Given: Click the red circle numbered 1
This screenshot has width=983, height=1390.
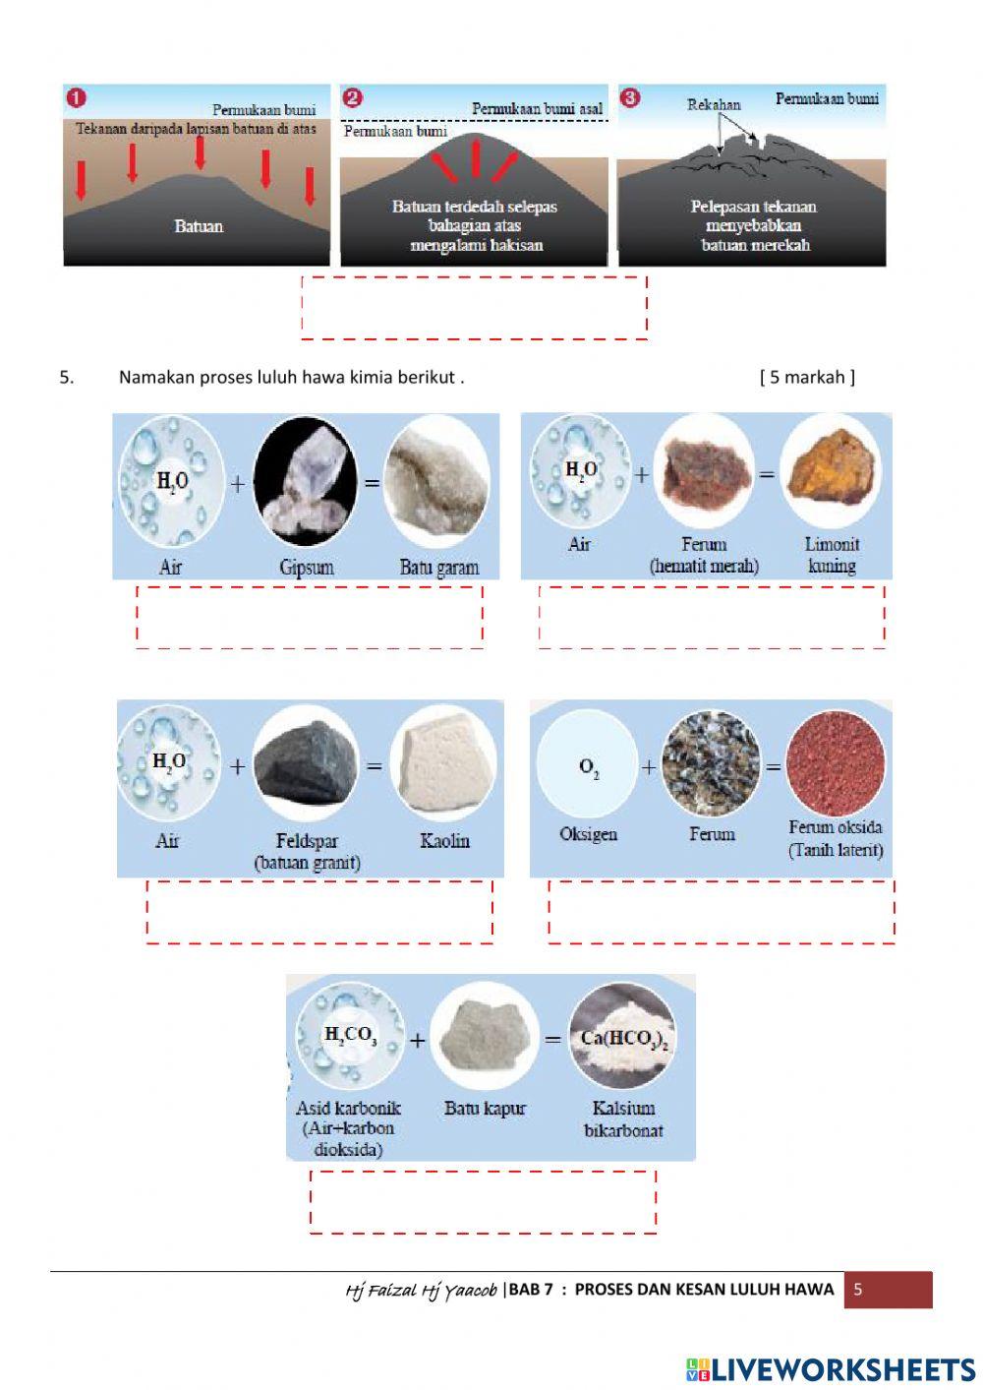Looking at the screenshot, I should (x=76, y=97).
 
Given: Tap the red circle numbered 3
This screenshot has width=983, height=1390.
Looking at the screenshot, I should (x=631, y=97).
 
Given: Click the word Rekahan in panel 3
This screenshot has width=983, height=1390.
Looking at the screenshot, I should (x=714, y=104).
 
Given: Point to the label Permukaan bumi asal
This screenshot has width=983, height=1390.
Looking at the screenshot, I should (x=537, y=108).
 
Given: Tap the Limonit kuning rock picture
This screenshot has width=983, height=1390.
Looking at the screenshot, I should (x=831, y=470).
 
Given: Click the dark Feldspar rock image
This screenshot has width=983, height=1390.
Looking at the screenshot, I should (x=305, y=762).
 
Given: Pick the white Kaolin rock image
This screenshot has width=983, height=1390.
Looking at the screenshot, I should (x=443, y=762).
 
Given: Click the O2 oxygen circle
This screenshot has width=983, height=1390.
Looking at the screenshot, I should (x=588, y=763).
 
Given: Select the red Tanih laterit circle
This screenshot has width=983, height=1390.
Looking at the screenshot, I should (x=836, y=763).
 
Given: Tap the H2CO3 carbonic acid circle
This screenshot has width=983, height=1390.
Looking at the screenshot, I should (x=350, y=1036).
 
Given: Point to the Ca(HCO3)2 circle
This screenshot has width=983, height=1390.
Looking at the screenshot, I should (x=623, y=1037).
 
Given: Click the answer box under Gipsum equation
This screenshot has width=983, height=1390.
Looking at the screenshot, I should (x=310, y=617).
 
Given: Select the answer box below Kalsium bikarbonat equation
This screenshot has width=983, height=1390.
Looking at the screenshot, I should (x=483, y=1201).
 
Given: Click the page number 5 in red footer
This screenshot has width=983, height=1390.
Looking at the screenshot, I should (x=857, y=1290).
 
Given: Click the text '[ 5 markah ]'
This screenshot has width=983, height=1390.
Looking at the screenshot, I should (x=807, y=377).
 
